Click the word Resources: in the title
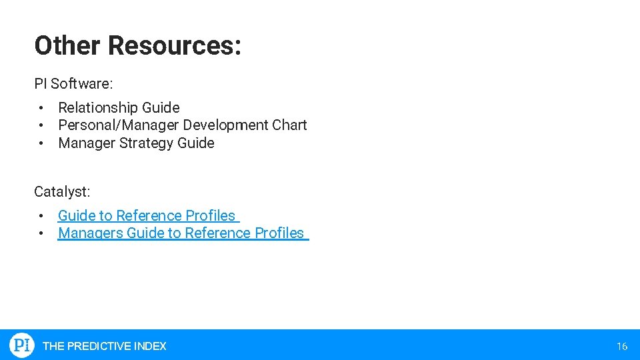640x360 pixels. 174,45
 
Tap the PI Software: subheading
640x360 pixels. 73,83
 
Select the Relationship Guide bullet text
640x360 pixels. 119,107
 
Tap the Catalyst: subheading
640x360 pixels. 62,191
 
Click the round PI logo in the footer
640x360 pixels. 21,345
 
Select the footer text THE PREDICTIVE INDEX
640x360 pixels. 104,346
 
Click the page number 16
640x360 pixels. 622,346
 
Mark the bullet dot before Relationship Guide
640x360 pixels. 41,108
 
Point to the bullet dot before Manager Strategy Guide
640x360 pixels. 41,143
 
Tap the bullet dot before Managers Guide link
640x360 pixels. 41,233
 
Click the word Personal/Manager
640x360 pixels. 119,125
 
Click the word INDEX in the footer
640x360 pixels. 150,346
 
